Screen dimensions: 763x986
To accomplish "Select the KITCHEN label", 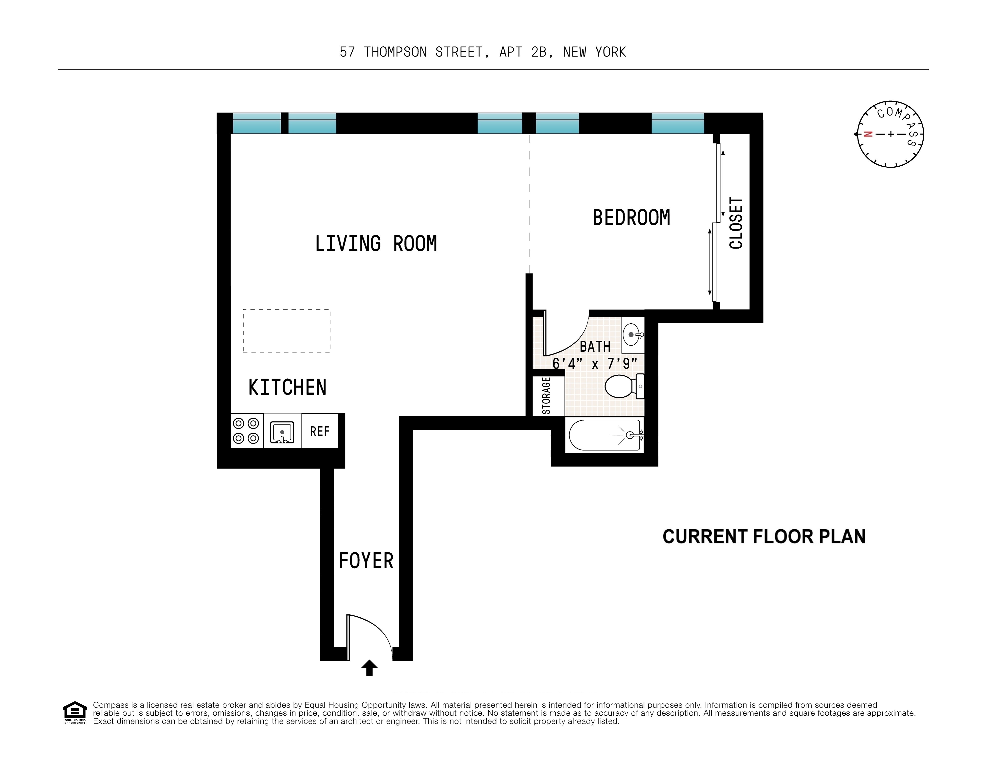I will [287, 388].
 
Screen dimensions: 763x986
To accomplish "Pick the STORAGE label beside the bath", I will [546, 396].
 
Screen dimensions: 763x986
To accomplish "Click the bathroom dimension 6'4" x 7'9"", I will [595, 363].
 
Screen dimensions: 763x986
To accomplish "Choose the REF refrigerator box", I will [320, 431].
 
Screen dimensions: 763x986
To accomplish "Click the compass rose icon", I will [890, 134].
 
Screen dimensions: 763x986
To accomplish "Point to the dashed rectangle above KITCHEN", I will [286, 331].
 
